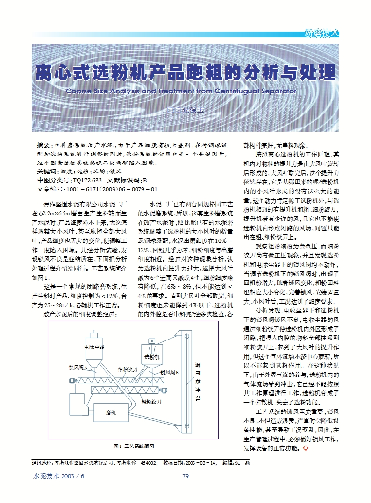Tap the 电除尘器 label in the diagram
(x=94, y=347)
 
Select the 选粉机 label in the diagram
(x=152, y=357)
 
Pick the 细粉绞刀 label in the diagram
(x=128, y=369)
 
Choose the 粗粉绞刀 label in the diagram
(x=151, y=402)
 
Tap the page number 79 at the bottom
(x=185, y=476)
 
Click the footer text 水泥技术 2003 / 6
(x=59, y=476)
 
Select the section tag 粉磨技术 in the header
(x=321, y=33)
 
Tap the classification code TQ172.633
(x=87, y=180)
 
